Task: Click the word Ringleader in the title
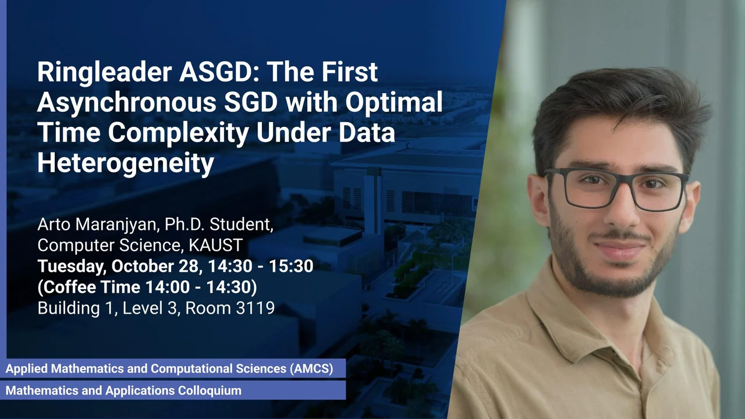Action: (104, 73)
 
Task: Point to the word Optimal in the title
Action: (394, 102)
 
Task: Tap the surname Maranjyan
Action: (115, 225)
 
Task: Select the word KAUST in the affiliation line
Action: (215, 246)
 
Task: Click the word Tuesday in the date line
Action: (72, 267)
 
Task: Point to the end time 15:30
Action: (291, 266)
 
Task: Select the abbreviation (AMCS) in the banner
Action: (311, 369)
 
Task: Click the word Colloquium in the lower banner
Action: (210, 390)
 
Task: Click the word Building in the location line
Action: (69, 308)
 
